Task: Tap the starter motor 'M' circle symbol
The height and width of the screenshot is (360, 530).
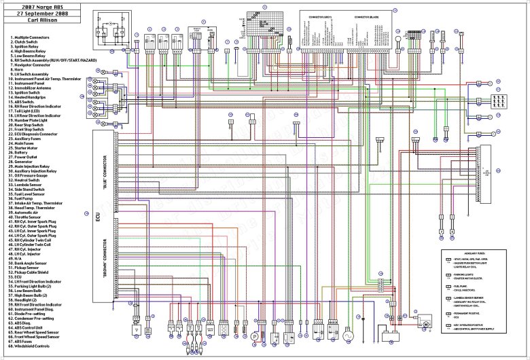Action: point(426,324)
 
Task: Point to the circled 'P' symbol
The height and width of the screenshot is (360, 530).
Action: point(255,336)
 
